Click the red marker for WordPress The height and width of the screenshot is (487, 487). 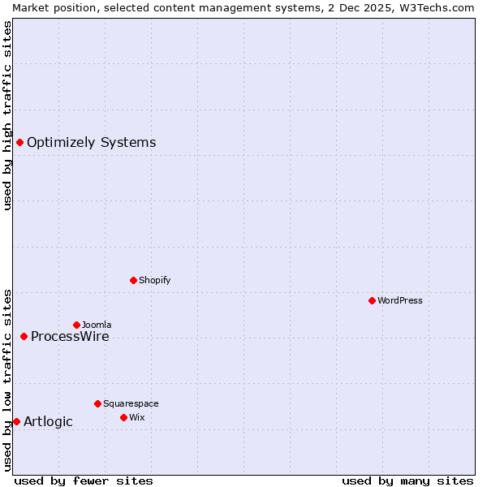click(x=372, y=300)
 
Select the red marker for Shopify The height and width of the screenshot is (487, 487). click(x=133, y=280)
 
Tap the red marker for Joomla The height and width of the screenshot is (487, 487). click(x=76, y=325)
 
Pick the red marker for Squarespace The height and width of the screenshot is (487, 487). click(x=97, y=403)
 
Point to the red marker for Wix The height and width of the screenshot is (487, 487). click(x=123, y=417)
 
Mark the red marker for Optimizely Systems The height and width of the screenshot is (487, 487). click(x=19, y=143)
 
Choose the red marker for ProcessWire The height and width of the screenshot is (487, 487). click(x=24, y=336)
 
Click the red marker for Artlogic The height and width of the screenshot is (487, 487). click(x=16, y=421)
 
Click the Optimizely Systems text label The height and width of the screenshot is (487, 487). click(x=91, y=143)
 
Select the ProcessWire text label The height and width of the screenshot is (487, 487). click(x=70, y=337)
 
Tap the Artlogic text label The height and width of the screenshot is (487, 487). click(x=48, y=422)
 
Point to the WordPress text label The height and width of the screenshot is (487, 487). click(x=400, y=300)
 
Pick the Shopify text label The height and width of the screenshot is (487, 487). click(x=154, y=280)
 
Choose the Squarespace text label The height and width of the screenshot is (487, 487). click(x=131, y=403)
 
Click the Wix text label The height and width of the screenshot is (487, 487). click(x=136, y=417)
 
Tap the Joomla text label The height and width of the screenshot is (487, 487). click(x=97, y=325)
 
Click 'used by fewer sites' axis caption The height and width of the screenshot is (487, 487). click(x=84, y=481)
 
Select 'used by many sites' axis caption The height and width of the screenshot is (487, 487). click(x=407, y=481)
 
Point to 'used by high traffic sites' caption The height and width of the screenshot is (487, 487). click(x=7, y=115)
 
